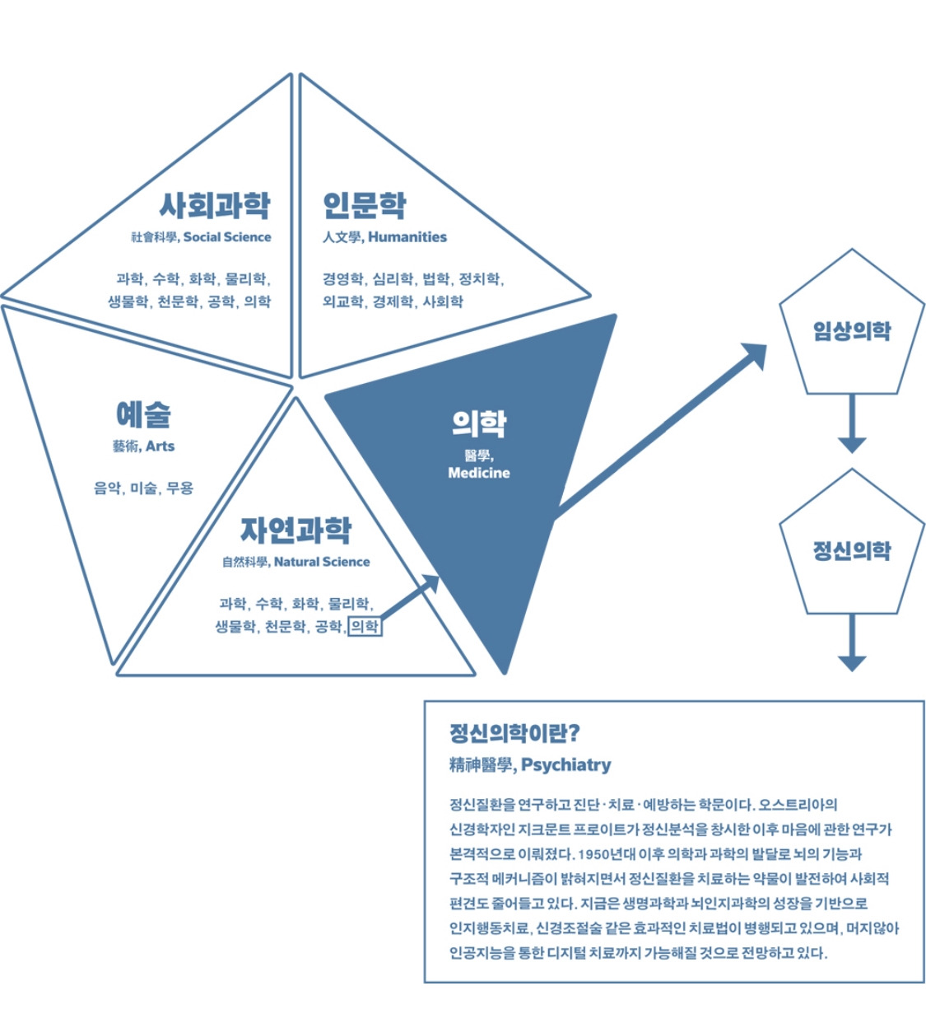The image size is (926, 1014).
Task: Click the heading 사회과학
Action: click(x=214, y=205)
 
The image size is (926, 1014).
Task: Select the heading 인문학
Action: click(x=364, y=205)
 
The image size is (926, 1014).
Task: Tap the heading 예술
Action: click(x=143, y=414)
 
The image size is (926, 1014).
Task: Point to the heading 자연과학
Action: click(x=295, y=530)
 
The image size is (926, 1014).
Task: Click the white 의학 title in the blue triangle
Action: click(x=478, y=423)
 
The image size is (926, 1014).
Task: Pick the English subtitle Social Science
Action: click(x=227, y=237)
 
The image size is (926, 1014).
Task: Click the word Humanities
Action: click(x=407, y=237)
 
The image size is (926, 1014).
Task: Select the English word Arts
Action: click(x=160, y=446)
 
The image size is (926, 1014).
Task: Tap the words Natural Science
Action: click(x=322, y=562)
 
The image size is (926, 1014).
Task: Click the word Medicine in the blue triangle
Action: click(x=478, y=473)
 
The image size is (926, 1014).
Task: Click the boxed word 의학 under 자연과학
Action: click(x=365, y=627)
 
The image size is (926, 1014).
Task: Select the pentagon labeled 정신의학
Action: click(x=852, y=550)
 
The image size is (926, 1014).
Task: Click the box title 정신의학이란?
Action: click(x=514, y=733)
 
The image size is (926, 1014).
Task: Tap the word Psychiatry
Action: click(x=566, y=765)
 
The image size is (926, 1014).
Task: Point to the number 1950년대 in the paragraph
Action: click(x=608, y=854)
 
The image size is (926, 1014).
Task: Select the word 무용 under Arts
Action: click(x=179, y=488)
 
